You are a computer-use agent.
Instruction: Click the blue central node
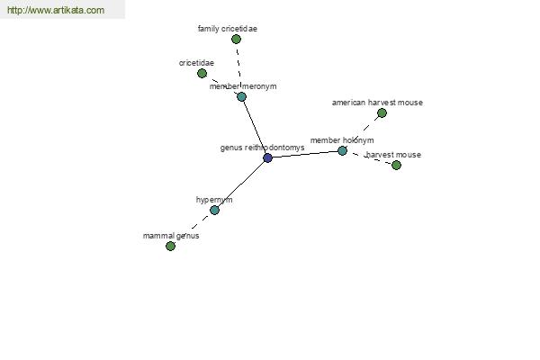(267, 157)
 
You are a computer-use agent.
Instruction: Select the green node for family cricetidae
(236, 40)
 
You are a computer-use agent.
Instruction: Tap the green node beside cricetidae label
(202, 73)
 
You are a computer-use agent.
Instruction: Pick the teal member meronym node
(241, 96)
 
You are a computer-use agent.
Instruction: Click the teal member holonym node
(342, 150)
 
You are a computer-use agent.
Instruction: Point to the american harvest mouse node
(382, 113)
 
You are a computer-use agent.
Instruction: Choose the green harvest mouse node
(396, 165)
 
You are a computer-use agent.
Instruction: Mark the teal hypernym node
(214, 210)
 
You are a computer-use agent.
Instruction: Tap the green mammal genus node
(170, 246)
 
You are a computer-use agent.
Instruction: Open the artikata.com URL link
(56, 10)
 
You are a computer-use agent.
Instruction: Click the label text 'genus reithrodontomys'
(262, 148)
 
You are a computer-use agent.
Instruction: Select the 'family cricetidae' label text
(228, 29)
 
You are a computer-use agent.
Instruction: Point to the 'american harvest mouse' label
(377, 103)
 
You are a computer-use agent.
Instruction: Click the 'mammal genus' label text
(171, 236)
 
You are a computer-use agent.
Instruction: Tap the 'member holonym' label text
(342, 140)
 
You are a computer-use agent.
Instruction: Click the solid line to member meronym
(255, 127)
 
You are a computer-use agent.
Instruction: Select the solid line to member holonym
(305, 154)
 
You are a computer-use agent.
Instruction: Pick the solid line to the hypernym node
(241, 184)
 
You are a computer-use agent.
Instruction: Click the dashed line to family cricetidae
(238, 67)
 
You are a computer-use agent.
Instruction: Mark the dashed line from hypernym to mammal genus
(193, 228)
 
